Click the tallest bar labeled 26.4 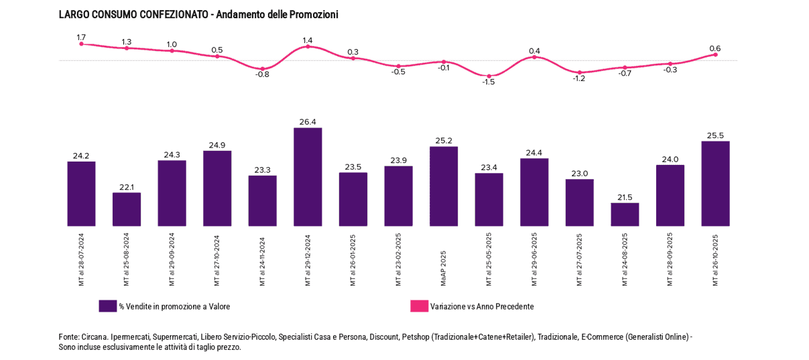(x=308, y=177)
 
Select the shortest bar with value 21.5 (x=625, y=215)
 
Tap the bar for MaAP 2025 (x=444, y=186)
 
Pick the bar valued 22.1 (x=126, y=209)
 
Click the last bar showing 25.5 (x=715, y=184)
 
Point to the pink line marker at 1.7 (x=81, y=44)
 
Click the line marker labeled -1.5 (x=489, y=76)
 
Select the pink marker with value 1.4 (x=308, y=46)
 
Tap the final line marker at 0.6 (x=715, y=54)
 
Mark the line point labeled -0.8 (x=262, y=68)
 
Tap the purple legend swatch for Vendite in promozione (x=107, y=306)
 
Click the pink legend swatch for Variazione (x=419, y=306)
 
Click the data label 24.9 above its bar (x=217, y=145)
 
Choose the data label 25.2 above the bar (x=444, y=141)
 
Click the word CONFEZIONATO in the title (x=173, y=14)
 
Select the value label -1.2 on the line (x=578, y=78)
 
